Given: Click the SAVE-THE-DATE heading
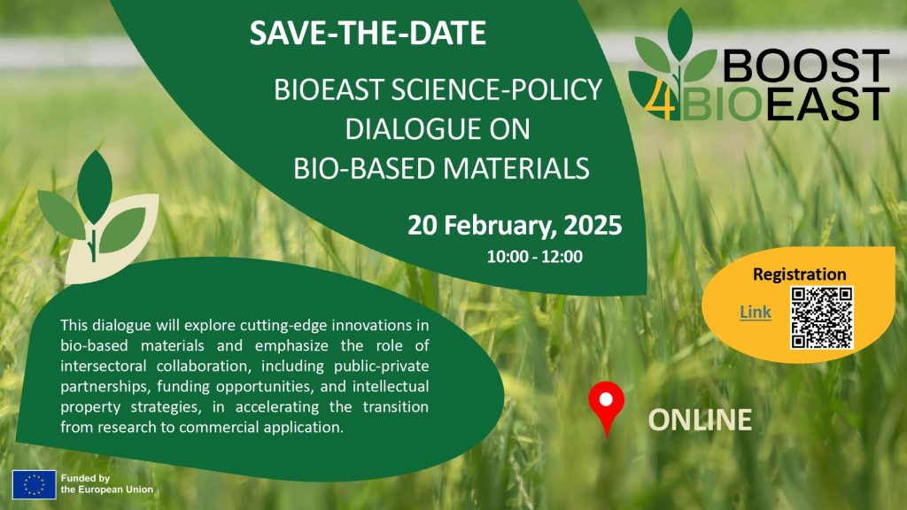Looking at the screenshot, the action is tap(368, 33).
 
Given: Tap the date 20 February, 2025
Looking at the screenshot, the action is tap(515, 226).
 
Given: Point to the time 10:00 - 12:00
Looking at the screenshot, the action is tap(534, 257).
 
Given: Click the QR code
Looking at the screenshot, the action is tap(822, 318).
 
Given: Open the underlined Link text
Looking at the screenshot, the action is tap(756, 313).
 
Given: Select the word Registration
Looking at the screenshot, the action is tap(800, 274).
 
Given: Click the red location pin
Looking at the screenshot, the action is tap(606, 407).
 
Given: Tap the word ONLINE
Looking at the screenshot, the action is tap(700, 420).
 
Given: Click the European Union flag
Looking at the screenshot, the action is tap(35, 484).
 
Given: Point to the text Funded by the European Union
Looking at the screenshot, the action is tap(107, 484).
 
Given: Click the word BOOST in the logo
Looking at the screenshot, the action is tap(806, 66).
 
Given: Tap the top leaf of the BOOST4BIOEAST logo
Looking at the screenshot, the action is tap(679, 34).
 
